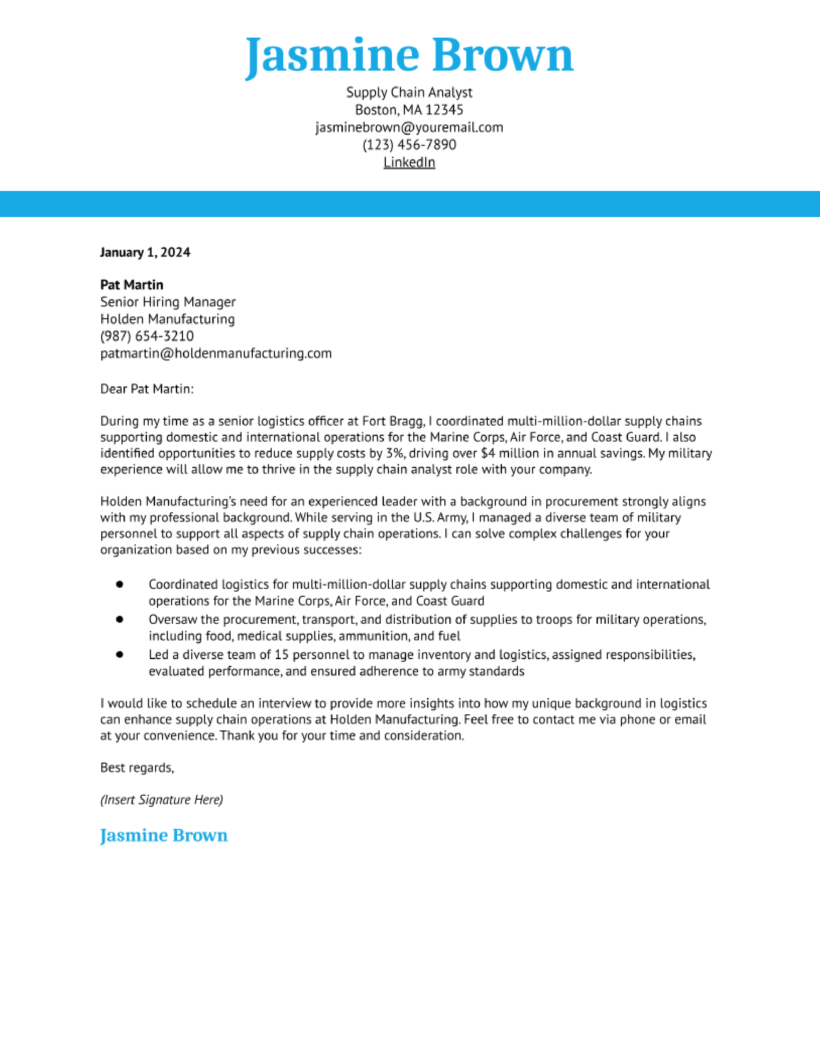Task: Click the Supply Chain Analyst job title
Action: pyautogui.click(x=409, y=92)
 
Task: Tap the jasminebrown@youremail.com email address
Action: pyautogui.click(x=409, y=127)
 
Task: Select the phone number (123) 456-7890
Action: pyautogui.click(x=409, y=145)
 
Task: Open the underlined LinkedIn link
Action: pyautogui.click(x=409, y=162)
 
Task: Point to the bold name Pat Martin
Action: pyautogui.click(x=132, y=285)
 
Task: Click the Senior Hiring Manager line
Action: pyautogui.click(x=168, y=302)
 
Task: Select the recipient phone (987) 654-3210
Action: pyautogui.click(x=147, y=336)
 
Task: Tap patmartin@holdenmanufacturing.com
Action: pyautogui.click(x=216, y=353)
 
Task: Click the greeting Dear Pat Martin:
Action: pyautogui.click(x=147, y=389)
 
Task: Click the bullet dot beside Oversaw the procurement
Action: pyautogui.click(x=120, y=620)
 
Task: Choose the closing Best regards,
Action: pyautogui.click(x=137, y=767)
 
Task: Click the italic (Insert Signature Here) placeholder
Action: pyautogui.click(x=161, y=800)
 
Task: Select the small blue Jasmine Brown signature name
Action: pyautogui.click(x=164, y=836)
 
